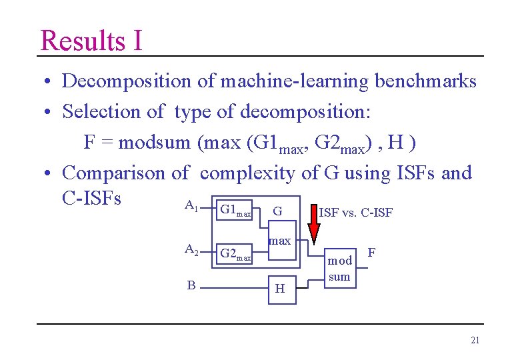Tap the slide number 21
[475, 341]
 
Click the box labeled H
[280, 288]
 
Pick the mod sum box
[339, 269]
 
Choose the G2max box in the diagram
[235, 254]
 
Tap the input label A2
[191, 250]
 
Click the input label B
[191, 285]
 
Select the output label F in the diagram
[371, 253]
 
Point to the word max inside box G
[279, 240]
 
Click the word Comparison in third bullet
[114, 173]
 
